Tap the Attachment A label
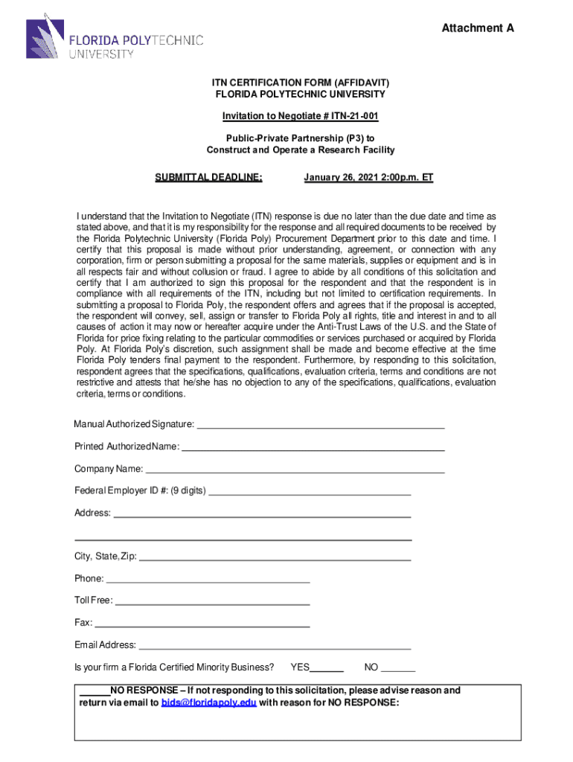pos(478,28)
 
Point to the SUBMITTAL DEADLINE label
pos(208,177)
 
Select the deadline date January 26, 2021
pos(368,177)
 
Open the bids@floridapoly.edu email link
pos(208,703)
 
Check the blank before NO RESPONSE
pos(95,691)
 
